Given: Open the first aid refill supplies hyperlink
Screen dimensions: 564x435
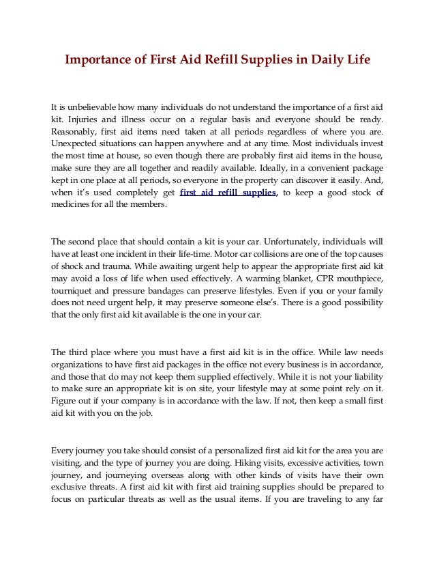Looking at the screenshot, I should (228, 193).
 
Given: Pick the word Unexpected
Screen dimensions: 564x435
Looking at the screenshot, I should (80, 144).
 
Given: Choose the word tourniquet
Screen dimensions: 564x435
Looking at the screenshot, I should (75, 292).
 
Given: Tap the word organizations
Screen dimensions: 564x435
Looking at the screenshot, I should (80, 365).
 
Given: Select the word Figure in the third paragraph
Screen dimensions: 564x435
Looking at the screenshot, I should (65, 402).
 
